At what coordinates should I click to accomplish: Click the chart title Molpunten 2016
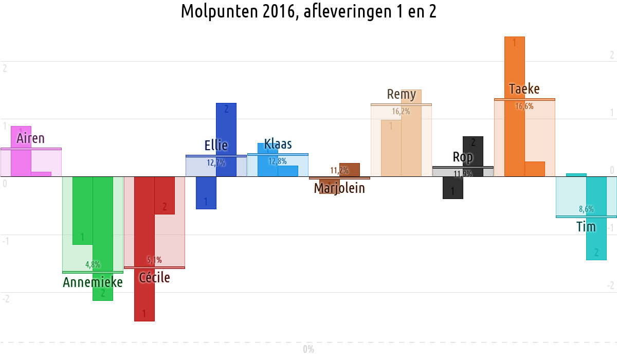[308, 11]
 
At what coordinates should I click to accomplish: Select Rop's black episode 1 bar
[452, 188]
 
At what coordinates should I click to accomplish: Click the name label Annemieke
[93, 282]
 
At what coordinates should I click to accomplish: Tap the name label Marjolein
[339, 188]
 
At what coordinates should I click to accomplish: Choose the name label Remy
[401, 95]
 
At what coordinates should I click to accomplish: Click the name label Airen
[31, 138]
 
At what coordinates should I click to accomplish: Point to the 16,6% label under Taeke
[524, 106]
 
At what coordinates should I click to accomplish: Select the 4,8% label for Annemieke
[93, 265]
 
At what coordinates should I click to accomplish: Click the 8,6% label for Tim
[586, 209]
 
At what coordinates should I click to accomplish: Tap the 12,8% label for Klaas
[278, 161]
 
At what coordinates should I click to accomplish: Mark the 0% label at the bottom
[308, 350]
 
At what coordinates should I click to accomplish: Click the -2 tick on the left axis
[6, 299]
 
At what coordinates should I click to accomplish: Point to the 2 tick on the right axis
[611, 55]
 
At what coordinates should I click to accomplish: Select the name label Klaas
[278, 144]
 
